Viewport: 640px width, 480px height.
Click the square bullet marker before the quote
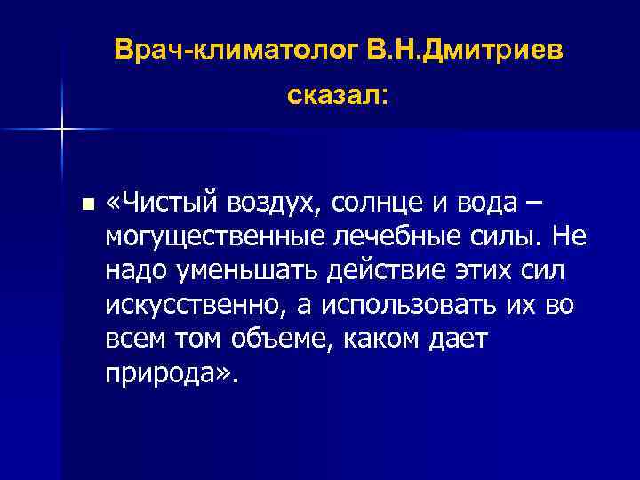[85, 205]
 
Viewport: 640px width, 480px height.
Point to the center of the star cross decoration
[61, 130]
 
